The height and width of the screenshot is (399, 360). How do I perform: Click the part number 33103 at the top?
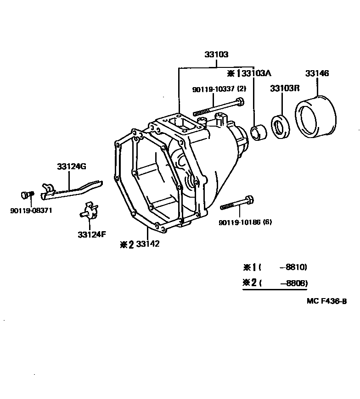[x=216, y=55]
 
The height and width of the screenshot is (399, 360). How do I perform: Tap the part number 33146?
[x=317, y=73]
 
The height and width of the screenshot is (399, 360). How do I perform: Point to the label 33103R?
[x=284, y=88]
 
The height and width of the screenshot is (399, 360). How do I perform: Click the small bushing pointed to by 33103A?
[x=260, y=133]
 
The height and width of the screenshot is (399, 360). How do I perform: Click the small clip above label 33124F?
[x=89, y=211]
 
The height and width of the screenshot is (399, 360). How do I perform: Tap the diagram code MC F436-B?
[x=326, y=301]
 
